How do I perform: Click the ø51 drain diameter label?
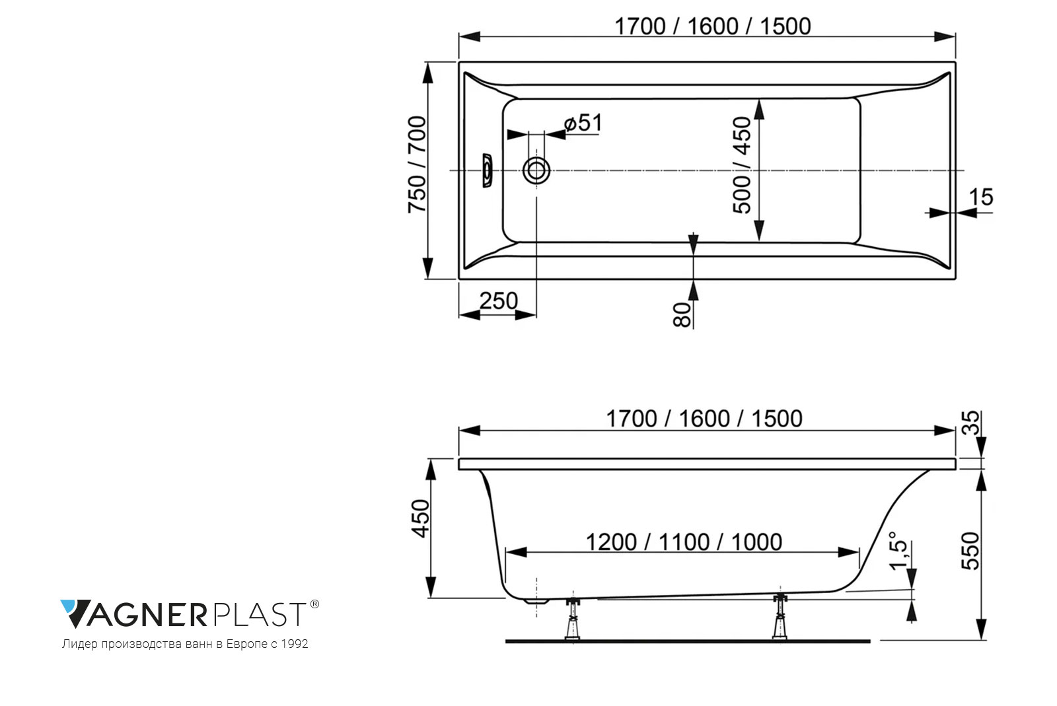(x=583, y=123)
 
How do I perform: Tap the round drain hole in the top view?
(x=536, y=170)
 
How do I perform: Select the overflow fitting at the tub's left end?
(x=486, y=170)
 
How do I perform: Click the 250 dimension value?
(x=499, y=301)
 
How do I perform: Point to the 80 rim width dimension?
(x=682, y=315)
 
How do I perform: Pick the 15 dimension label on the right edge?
(x=982, y=197)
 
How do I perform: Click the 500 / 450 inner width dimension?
(x=742, y=165)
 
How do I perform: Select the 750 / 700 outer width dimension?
(x=417, y=164)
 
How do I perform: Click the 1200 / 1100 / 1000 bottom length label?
(x=684, y=542)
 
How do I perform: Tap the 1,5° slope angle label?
(x=898, y=551)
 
